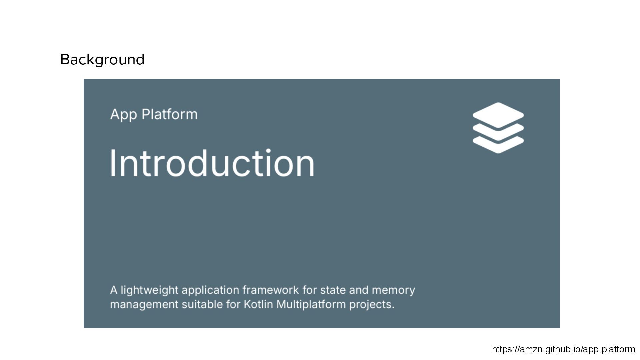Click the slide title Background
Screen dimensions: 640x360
pos(102,60)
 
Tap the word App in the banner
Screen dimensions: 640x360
pos(123,115)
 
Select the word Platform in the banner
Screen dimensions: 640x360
pos(169,114)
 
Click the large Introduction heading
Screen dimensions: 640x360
pos(212,163)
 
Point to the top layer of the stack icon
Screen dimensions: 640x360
pos(498,114)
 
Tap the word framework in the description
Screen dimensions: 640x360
pos(270,290)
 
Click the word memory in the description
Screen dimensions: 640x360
pos(393,290)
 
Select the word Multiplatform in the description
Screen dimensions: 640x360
pos(311,305)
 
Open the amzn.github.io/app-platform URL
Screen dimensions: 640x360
pos(563,349)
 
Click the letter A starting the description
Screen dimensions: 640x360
pos(114,290)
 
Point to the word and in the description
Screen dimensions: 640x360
pos(359,290)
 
